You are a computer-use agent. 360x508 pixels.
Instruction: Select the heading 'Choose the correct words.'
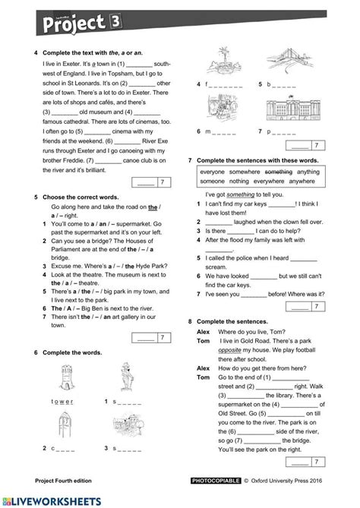[81, 197]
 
